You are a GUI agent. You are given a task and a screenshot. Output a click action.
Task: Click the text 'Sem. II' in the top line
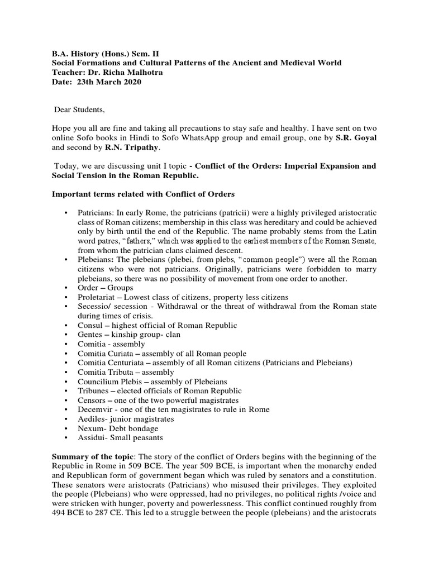click(141, 54)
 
